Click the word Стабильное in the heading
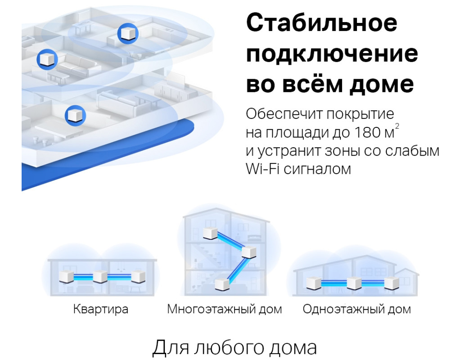pos(321,24)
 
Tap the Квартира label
pos(100,310)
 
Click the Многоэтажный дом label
pos(224,310)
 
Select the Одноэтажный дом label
pos(357,310)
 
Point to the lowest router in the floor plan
pos(73,115)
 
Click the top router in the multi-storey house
pos(210,234)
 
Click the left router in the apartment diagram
pos(66,277)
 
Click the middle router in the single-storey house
pos(354,283)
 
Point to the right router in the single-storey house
pos(390,283)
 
